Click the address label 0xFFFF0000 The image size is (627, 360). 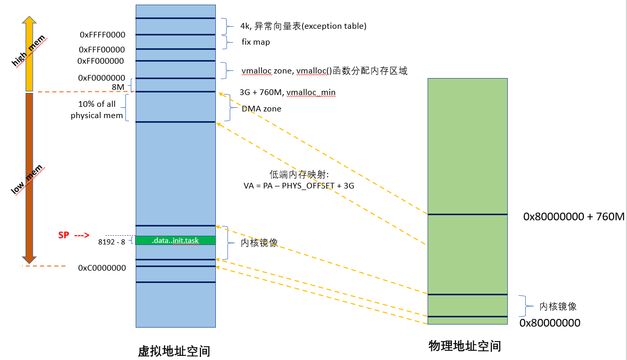(102, 35)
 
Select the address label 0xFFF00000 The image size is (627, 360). (102, 50)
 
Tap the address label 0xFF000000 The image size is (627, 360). (101, 61)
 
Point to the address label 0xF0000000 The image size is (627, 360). (102, 78)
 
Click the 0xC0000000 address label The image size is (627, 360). (102, 268)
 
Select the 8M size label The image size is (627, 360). (118, 87)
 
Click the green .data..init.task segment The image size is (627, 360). (175, 240)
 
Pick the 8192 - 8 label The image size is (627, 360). (112, 242)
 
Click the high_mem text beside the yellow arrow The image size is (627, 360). (29, 51)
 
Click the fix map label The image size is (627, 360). (255, 42)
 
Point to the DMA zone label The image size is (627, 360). (262, 109)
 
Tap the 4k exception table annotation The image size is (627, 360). (303, 26)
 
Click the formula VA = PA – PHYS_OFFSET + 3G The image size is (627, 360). (299, 186)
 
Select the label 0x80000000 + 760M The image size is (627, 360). (574, 217)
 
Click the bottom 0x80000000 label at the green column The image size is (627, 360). (549, 323)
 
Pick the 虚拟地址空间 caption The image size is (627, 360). (174, 351)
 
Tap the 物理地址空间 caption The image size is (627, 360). (465, 346)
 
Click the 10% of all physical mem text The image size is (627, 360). (97, 110)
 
